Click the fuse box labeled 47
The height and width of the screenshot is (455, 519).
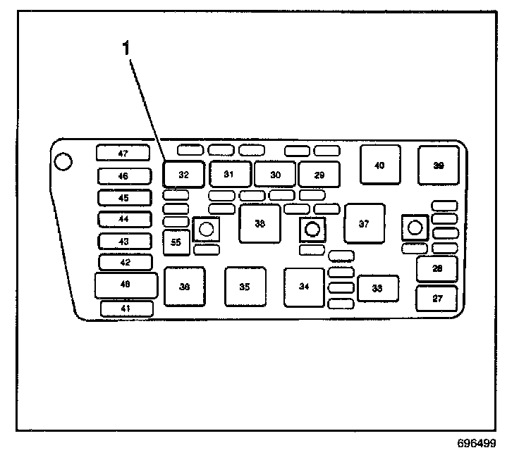[x=123, y=153]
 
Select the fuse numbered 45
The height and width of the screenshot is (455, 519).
[x=123, y=198]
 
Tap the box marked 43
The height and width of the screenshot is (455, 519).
[x=123, y=241]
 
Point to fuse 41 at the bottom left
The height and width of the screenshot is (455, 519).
[x=126, y=308]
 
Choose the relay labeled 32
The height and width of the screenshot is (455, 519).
[x=183, y=174]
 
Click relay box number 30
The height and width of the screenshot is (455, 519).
[x=275, y=174]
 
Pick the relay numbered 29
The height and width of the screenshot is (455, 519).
[x=319, y=174]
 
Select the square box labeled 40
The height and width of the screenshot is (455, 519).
[x=380, y=165]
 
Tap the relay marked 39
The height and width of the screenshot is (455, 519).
[x=439, y=165]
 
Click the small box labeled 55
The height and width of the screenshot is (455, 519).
[x=176, y=242]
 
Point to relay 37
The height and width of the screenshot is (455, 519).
[x=364, y=224]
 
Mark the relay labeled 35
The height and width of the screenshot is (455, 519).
[x=245, y=287]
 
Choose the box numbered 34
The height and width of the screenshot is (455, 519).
[x=304, y=287]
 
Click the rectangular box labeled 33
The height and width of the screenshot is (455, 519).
[x=377, y=288]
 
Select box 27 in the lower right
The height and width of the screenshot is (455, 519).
[x=437, y=299]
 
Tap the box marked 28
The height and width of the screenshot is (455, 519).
[x=437, y=268]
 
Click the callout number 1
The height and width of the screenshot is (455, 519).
[x=127, y=48]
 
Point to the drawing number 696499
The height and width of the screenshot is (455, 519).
[x=476, y=444]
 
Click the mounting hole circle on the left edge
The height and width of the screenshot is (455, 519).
[x=63, y=162]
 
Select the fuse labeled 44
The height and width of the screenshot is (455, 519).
[x=123, y=219]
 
